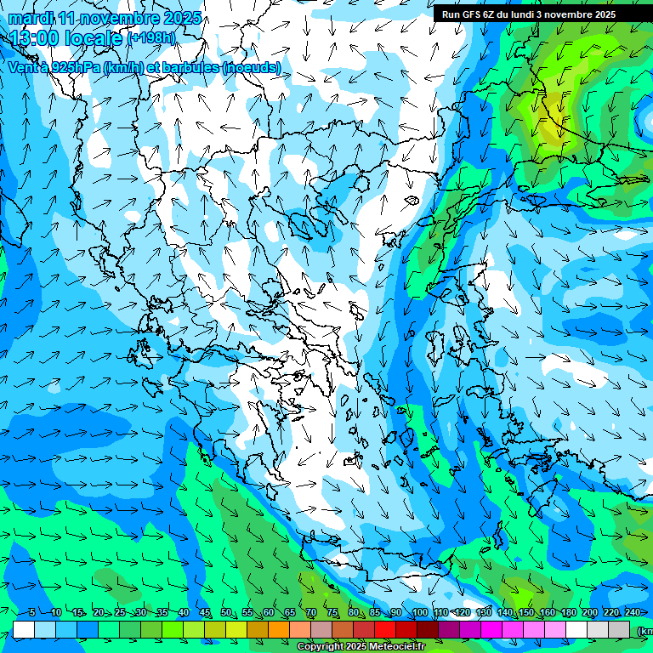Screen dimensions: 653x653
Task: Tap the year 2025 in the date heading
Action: click(180, 18)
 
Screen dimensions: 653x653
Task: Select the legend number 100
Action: click(419, 613)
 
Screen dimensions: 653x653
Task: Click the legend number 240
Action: click(632, 613)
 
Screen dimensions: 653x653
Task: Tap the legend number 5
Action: click(32, 613)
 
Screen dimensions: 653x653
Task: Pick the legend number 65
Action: click(290, 613)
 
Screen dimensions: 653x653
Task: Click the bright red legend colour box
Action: click(385, 628)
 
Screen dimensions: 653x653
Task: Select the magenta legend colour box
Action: click(491, 628)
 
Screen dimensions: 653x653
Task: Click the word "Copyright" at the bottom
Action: click(321, 647)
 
